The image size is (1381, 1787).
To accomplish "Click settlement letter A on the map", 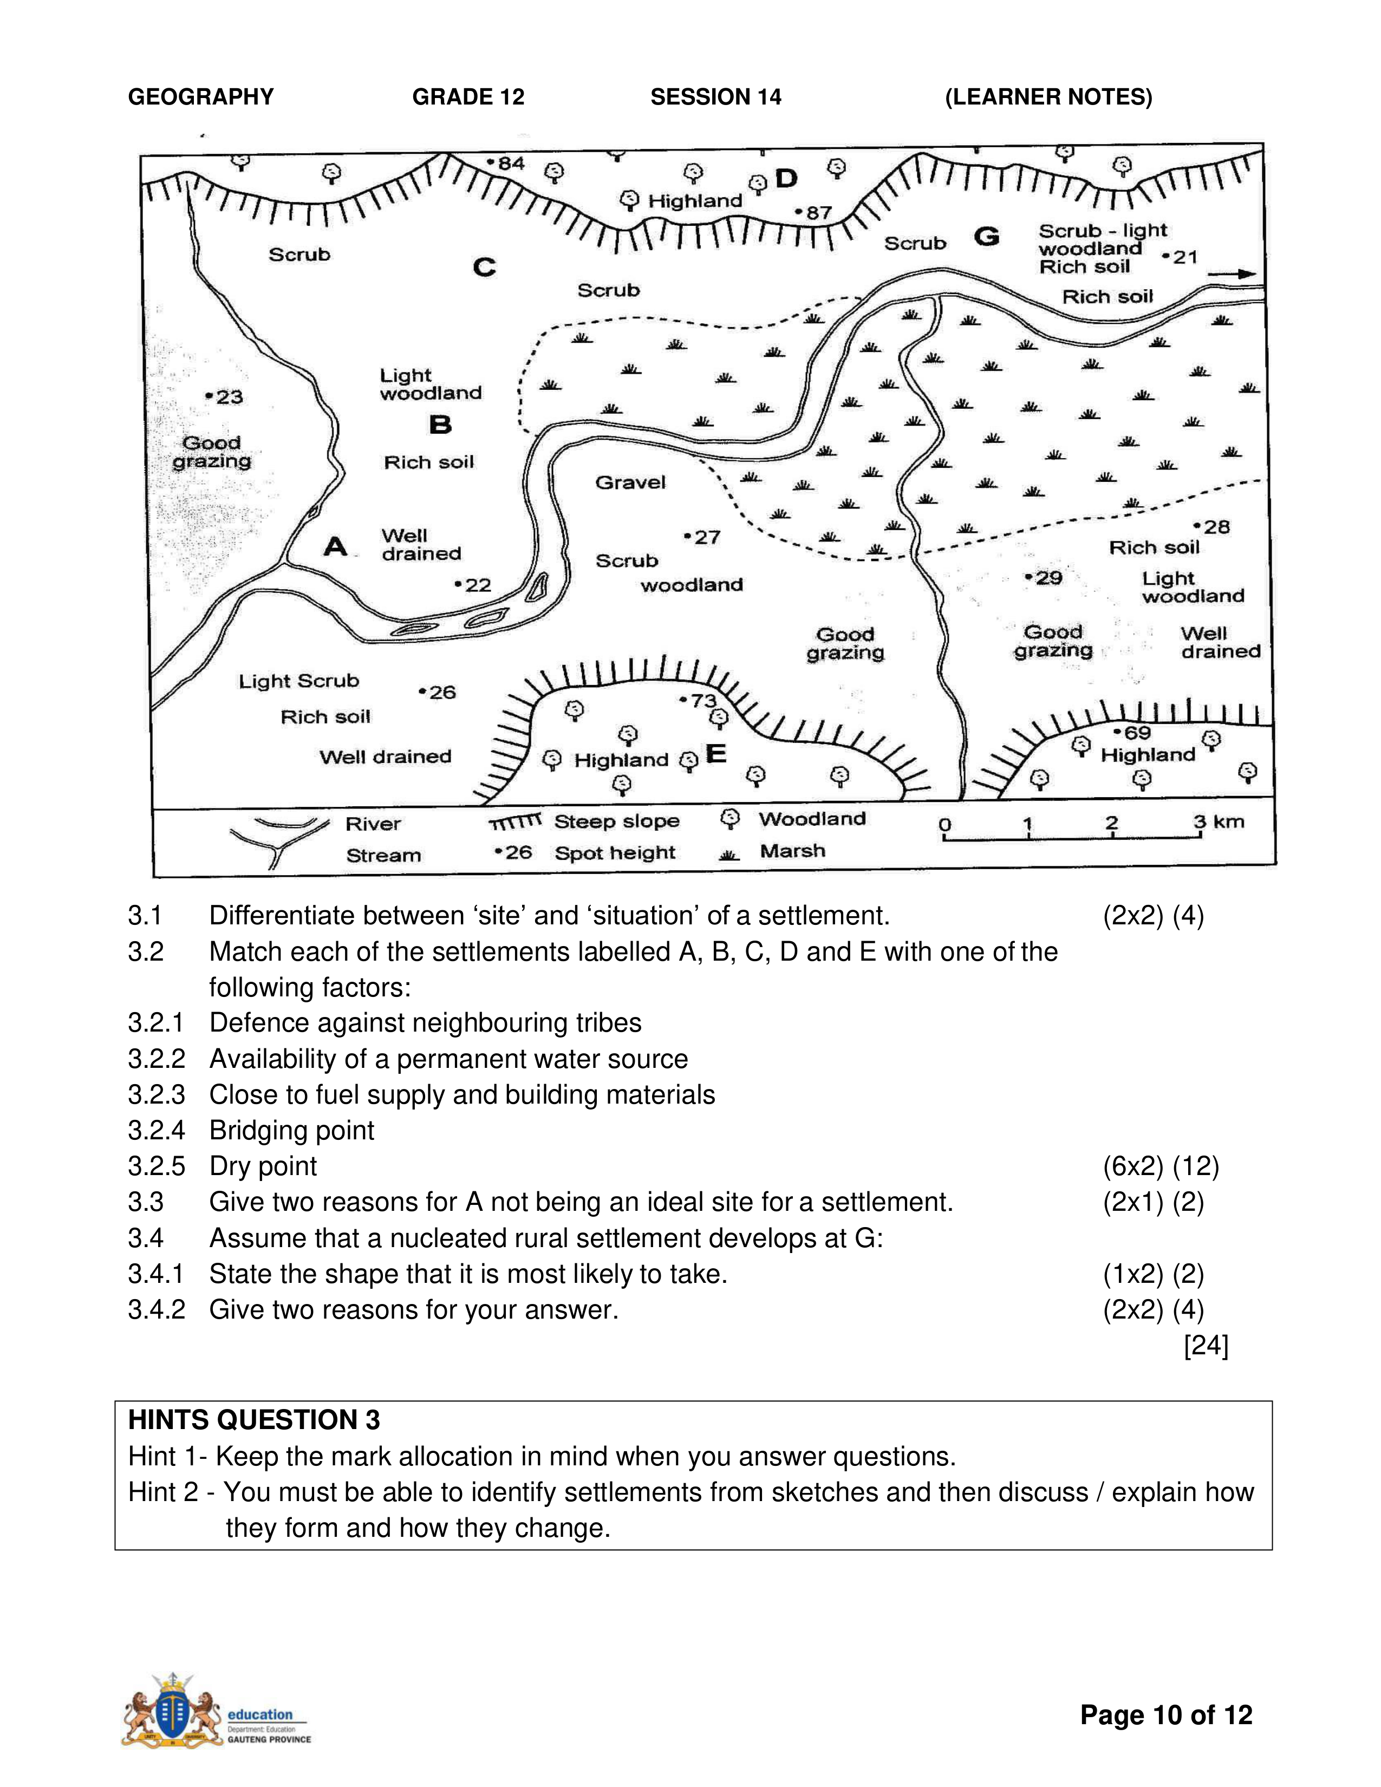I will point(335,546).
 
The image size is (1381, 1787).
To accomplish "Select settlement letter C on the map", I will point(484,268).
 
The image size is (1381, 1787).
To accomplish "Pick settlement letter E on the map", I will point(716,754).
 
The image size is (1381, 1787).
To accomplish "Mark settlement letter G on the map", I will point(987,237).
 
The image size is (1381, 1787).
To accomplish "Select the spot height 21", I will point(1181,257).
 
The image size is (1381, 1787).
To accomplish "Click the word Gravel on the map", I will point(630,482).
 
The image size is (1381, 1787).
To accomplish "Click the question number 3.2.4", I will point(157,1130).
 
